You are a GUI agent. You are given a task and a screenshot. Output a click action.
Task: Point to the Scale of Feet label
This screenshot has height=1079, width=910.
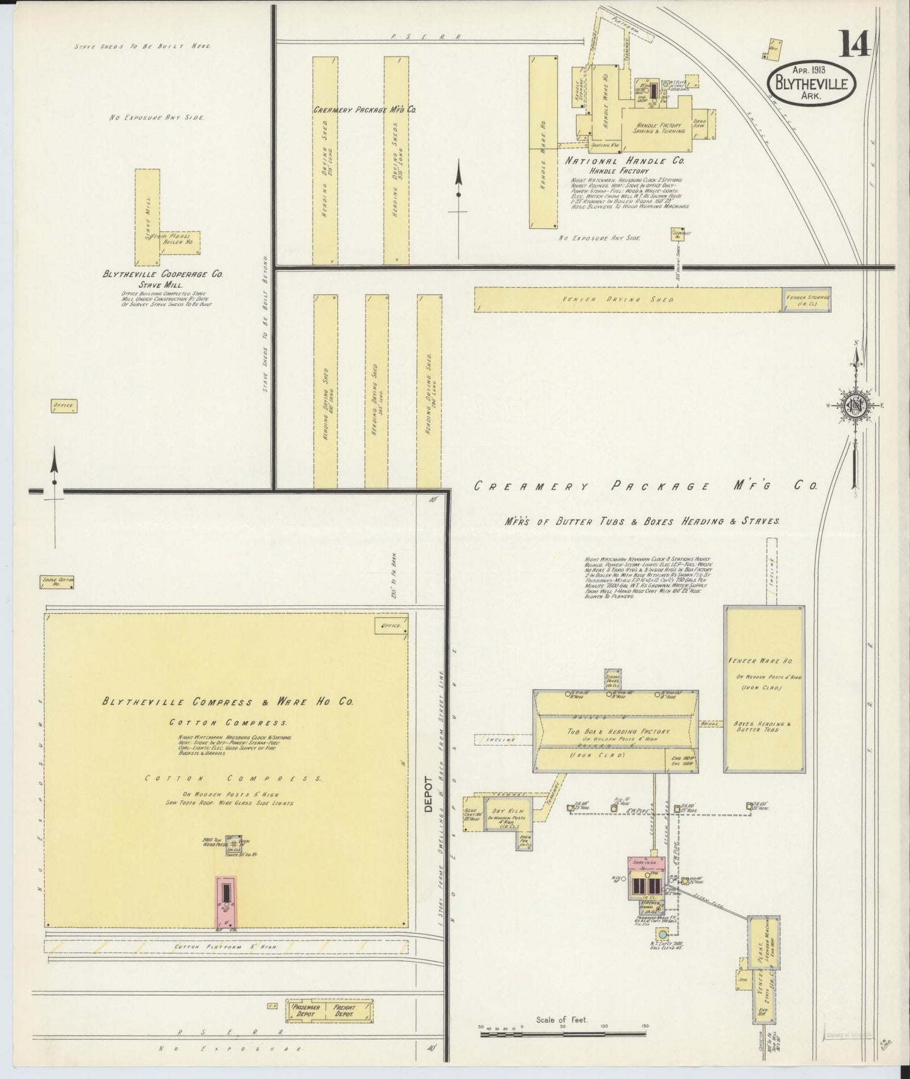[561, 1019]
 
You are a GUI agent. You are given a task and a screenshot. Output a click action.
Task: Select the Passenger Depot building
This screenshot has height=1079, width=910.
[306, 1011]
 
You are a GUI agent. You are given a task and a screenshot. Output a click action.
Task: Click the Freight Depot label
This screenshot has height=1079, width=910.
[345, 1011]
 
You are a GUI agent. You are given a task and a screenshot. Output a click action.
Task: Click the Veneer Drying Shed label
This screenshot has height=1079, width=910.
[620, 300]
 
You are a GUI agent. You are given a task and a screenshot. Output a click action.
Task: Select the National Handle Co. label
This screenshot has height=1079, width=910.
[624, 161]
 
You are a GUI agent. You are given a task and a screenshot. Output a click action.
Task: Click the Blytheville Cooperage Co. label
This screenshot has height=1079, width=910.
[163, 274]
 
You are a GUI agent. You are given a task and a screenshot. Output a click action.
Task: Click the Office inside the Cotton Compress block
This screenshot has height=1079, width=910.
[390, 626]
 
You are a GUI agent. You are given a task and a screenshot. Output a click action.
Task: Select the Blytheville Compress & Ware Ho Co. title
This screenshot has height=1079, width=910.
[228, 702]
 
